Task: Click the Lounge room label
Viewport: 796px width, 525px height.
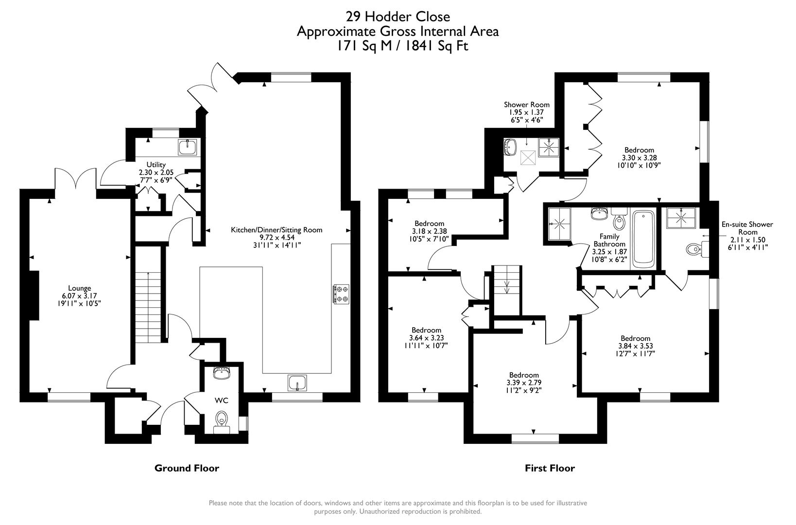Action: click(79, 288)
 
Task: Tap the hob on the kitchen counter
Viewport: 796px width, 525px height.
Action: click(341, 295)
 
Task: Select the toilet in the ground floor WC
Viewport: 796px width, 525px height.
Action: click(222, 419)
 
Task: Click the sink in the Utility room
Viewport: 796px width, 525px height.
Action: click(187, 146)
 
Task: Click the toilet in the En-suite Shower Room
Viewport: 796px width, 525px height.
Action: click(693, 249)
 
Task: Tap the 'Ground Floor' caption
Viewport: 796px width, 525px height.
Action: click(187, 468)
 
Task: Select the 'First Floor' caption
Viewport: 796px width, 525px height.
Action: click(550, 468)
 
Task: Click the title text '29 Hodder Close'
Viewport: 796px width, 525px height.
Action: click(398, 17)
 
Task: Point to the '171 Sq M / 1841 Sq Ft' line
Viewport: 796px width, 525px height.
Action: click(398, 46)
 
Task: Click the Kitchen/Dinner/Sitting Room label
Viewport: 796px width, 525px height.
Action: click(277, 230)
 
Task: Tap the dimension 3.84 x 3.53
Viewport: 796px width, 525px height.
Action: click(635, 346)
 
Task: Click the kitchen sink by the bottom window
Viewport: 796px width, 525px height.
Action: click(296, 383)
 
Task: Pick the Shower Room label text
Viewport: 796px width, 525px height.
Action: click(527, 105)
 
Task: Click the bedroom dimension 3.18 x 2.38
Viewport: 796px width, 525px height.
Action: click(429, 231)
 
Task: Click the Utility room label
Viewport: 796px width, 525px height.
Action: click(156, 165)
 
